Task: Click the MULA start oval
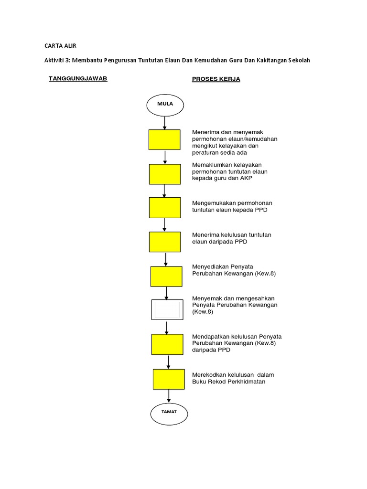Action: click(x=164, y=104)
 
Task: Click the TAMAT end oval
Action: click(x=169, y=414)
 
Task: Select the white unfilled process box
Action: click(x=167, y=309)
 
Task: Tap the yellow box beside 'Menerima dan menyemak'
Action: click(x=164, y=139)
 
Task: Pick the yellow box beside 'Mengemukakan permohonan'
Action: click(x=165, y=208)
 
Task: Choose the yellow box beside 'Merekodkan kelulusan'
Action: click(x=169, y=379)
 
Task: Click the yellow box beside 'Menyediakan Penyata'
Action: click(x=166, y=276)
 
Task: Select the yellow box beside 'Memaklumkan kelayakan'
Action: click(x=165, y=174)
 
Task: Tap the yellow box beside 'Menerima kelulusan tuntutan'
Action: click(x=165, y=242)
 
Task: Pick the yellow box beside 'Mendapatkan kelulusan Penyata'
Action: click(x=167, y=344)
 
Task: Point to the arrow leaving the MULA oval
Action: click(x=164, y=122)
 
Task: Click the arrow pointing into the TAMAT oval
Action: click(x=169, y=396)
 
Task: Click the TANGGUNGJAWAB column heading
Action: click(x=78, y=79)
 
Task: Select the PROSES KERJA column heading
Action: click(x=216, y=79)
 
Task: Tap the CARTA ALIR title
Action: click(x=60, y=46)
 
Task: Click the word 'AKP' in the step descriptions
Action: click(x=246, y=178)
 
